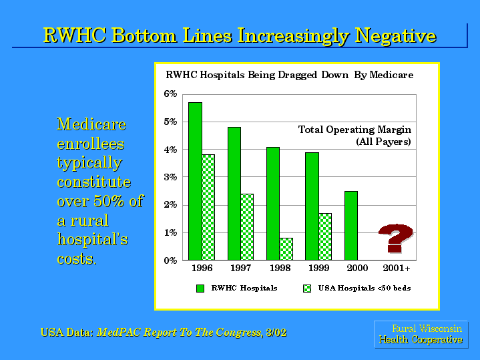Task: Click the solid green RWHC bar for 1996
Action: point(196,182)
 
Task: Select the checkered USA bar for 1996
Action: point(208,208)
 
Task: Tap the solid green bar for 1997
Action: point(234,194)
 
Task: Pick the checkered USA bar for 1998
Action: point(286,249)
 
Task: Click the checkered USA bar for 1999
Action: point(325,237)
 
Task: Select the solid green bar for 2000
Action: point(351,226)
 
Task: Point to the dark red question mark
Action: point(395,238)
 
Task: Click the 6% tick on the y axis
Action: point(170,94)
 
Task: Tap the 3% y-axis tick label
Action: point(170,177)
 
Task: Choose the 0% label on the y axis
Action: point(170,260)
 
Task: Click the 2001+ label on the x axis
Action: point(397,268)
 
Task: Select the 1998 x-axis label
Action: point(280,268)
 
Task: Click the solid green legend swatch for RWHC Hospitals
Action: point(200,289)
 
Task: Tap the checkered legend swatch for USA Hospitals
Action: point(307,289)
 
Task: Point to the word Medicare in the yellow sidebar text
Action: point(91,124)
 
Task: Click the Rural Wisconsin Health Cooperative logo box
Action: point(421,334)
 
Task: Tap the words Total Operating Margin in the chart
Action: point(354,130)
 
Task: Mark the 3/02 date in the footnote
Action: point(276,333)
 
